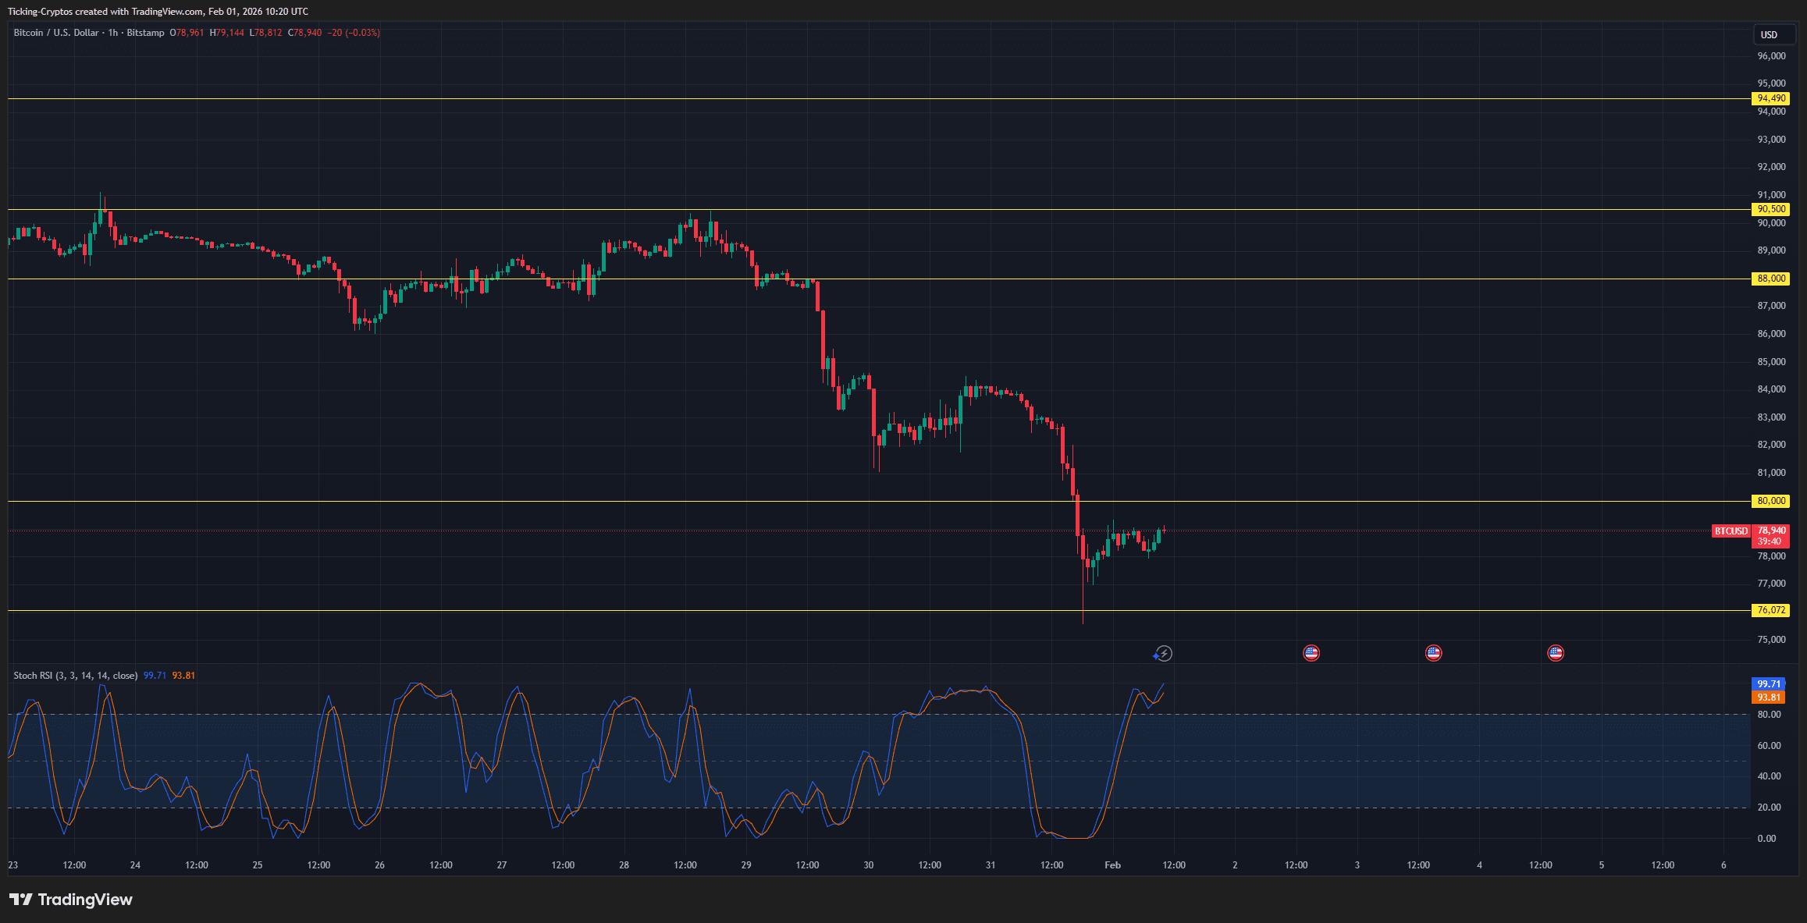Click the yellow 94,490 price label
[1770, 98]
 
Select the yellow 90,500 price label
[1770, 209]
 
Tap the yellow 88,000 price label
[1770, 279]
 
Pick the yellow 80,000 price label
[1770, 501]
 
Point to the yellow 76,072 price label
[1770, 610]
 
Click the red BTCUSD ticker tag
[1731, 531]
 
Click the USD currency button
[1769, 34]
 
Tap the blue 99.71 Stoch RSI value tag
[1769, 684]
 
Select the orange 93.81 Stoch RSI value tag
[1769, 698]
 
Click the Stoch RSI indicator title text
[75, 676]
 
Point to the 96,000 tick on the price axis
[1771, 56]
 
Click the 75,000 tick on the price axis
[1771, 640]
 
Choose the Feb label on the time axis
[1112, 865]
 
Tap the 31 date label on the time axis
[990, 865]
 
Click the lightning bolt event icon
[1164, 654]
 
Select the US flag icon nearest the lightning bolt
[1311, 654]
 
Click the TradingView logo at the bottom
[71, 900]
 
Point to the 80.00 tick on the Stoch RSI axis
[1769, 715]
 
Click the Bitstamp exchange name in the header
[145, 33]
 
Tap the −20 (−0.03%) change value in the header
[354, 33]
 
